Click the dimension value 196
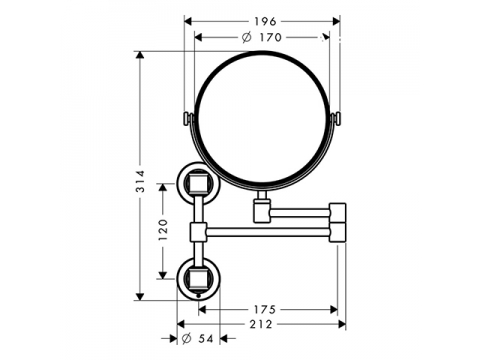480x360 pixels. pos(265,22)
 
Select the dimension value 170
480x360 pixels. pos(271,37)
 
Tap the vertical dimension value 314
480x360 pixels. pos(141,181)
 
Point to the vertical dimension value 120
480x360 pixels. pos(163,230)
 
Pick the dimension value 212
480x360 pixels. pos(261,324)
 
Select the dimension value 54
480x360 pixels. pos(206,339)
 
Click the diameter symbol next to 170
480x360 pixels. pos(247,37)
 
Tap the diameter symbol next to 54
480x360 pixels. pos(187,339)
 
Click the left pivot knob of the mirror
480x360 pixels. pos(188,119)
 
